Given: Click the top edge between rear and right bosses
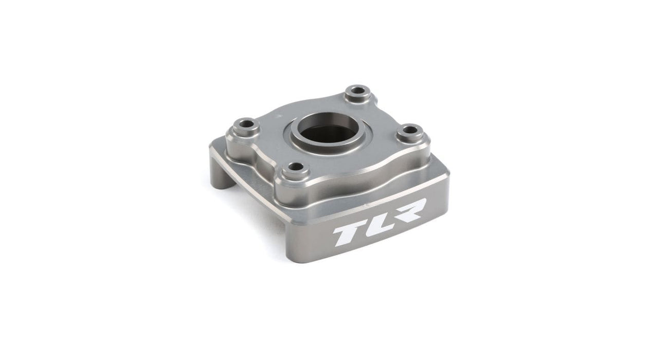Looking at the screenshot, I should coord(391,108).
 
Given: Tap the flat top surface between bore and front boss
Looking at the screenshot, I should coord(309,154).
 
